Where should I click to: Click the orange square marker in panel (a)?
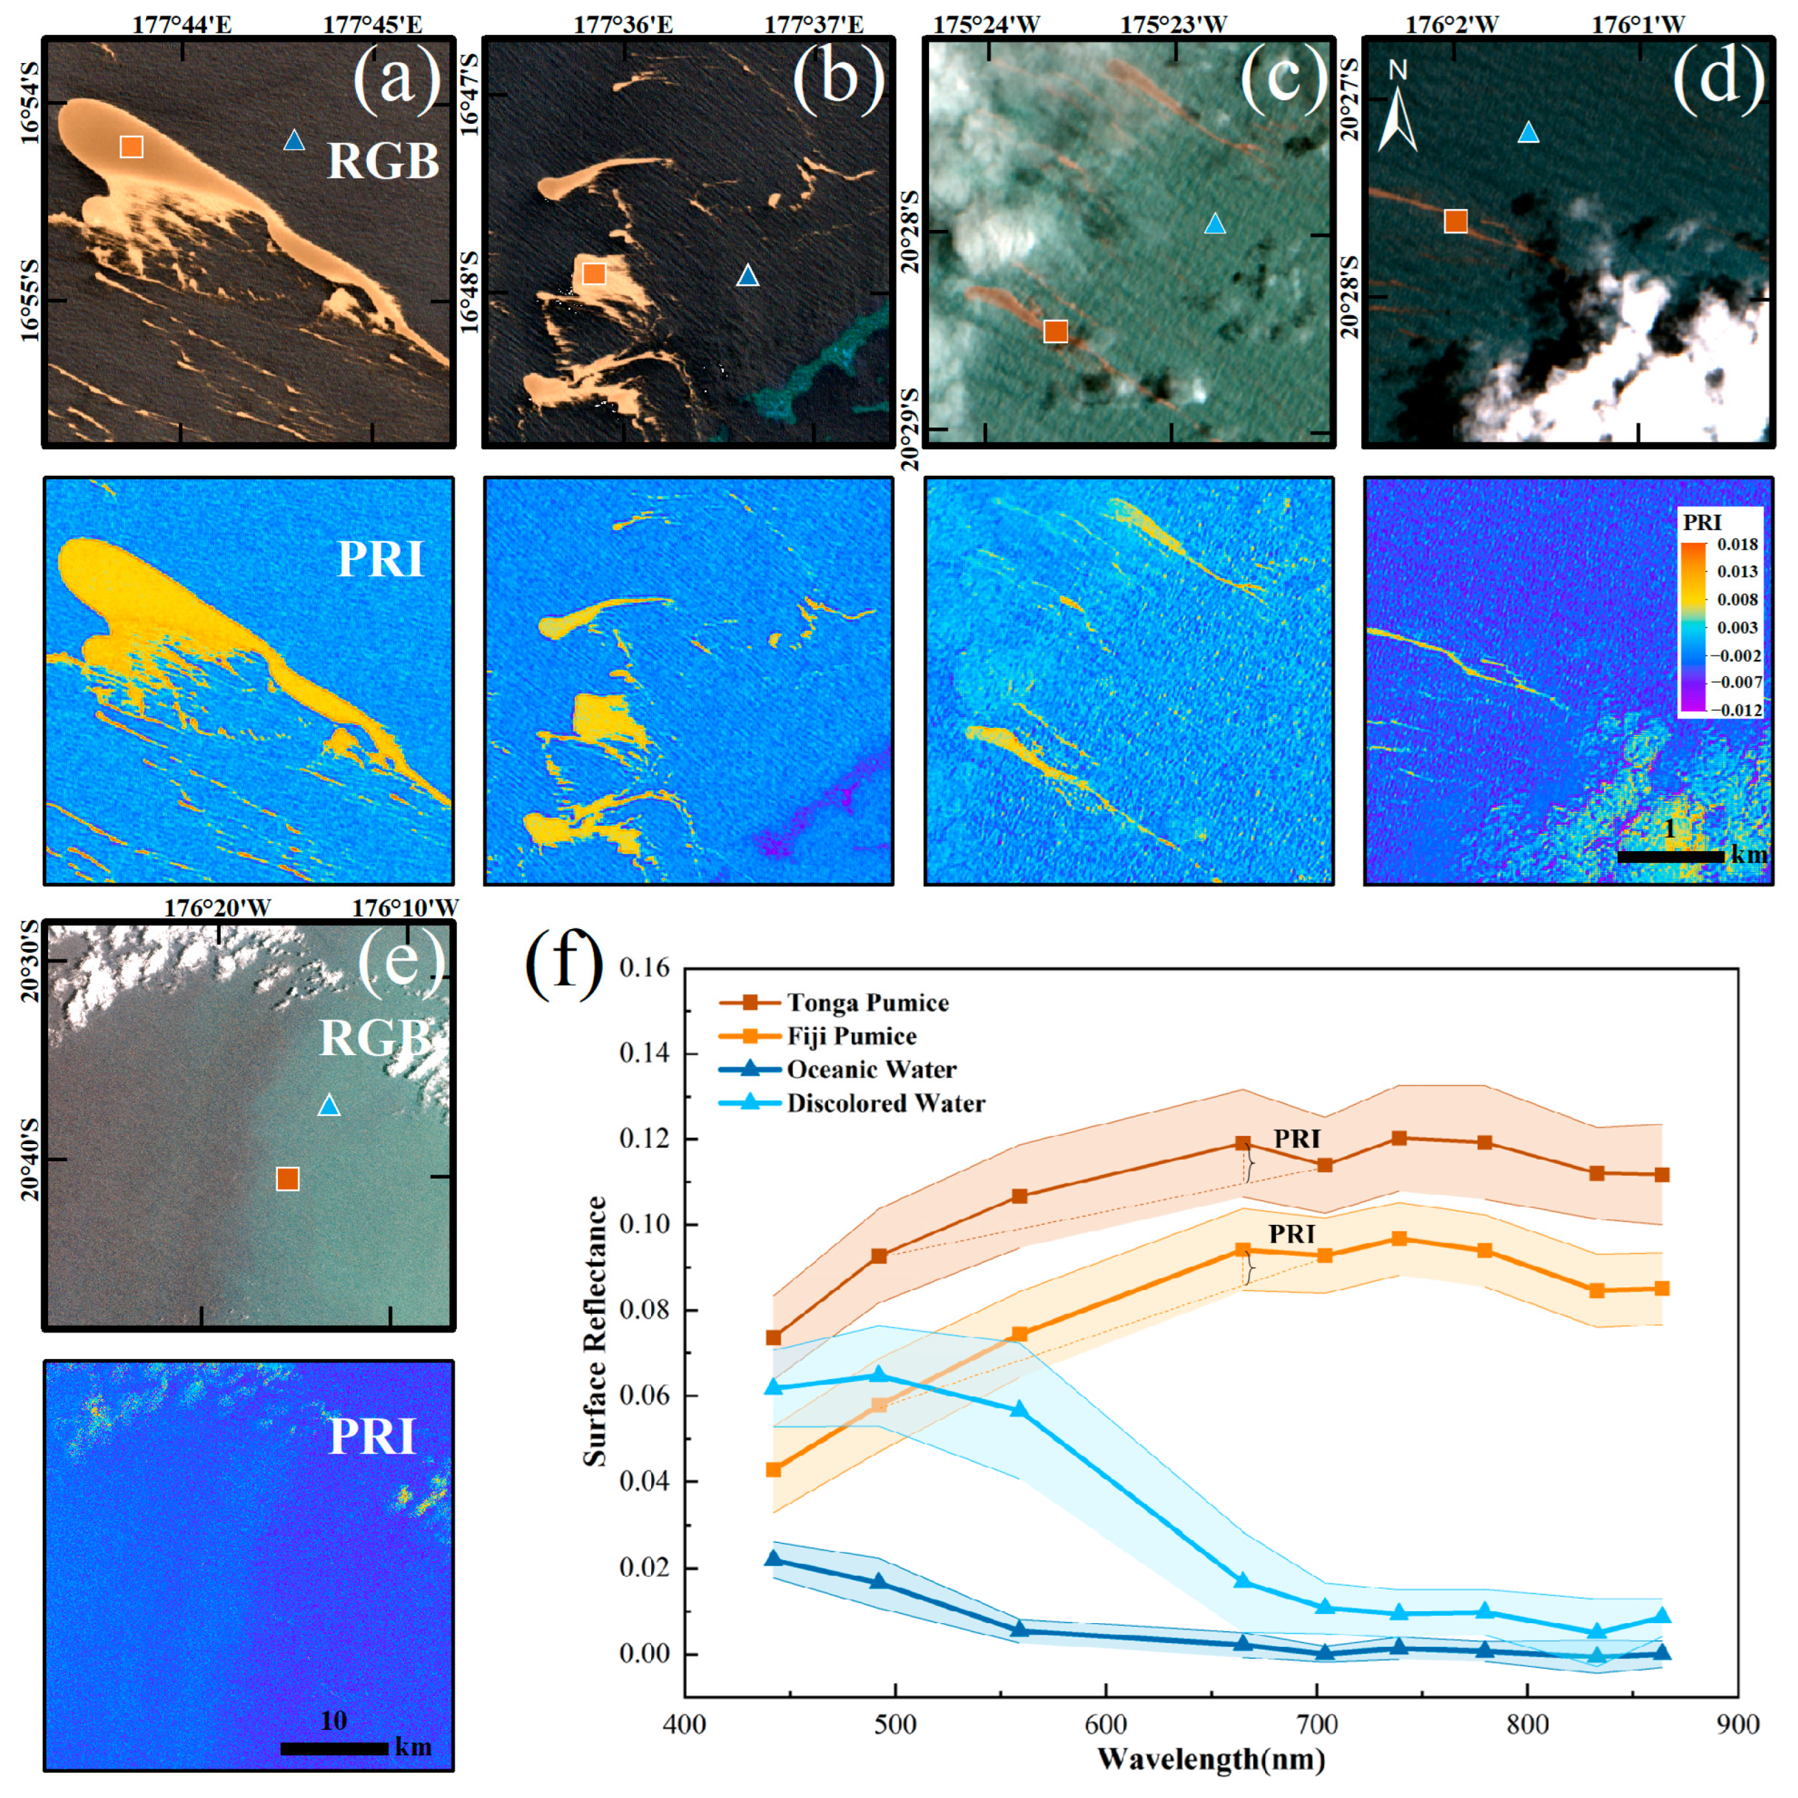click(x=131, y=146)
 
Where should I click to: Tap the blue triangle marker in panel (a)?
click(x=294, y=140)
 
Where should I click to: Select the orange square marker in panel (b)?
click(x=594, y=273)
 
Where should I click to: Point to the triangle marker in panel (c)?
click(x=1214, y=223)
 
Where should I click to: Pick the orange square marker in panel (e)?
click(x=287, y=1179)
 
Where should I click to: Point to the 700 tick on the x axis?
click(x=1317, y=1724)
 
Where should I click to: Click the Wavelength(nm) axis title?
click(x=1211, y=1759)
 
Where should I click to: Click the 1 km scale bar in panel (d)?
click(x=1670, y=855)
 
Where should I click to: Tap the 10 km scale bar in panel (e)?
click(x=333, y=1748)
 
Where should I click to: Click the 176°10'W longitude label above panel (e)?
click(x=405, y=908)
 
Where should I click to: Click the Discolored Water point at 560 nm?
click(x=1020, y=1410)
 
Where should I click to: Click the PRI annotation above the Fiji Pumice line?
click(x=1292, y=1234)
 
